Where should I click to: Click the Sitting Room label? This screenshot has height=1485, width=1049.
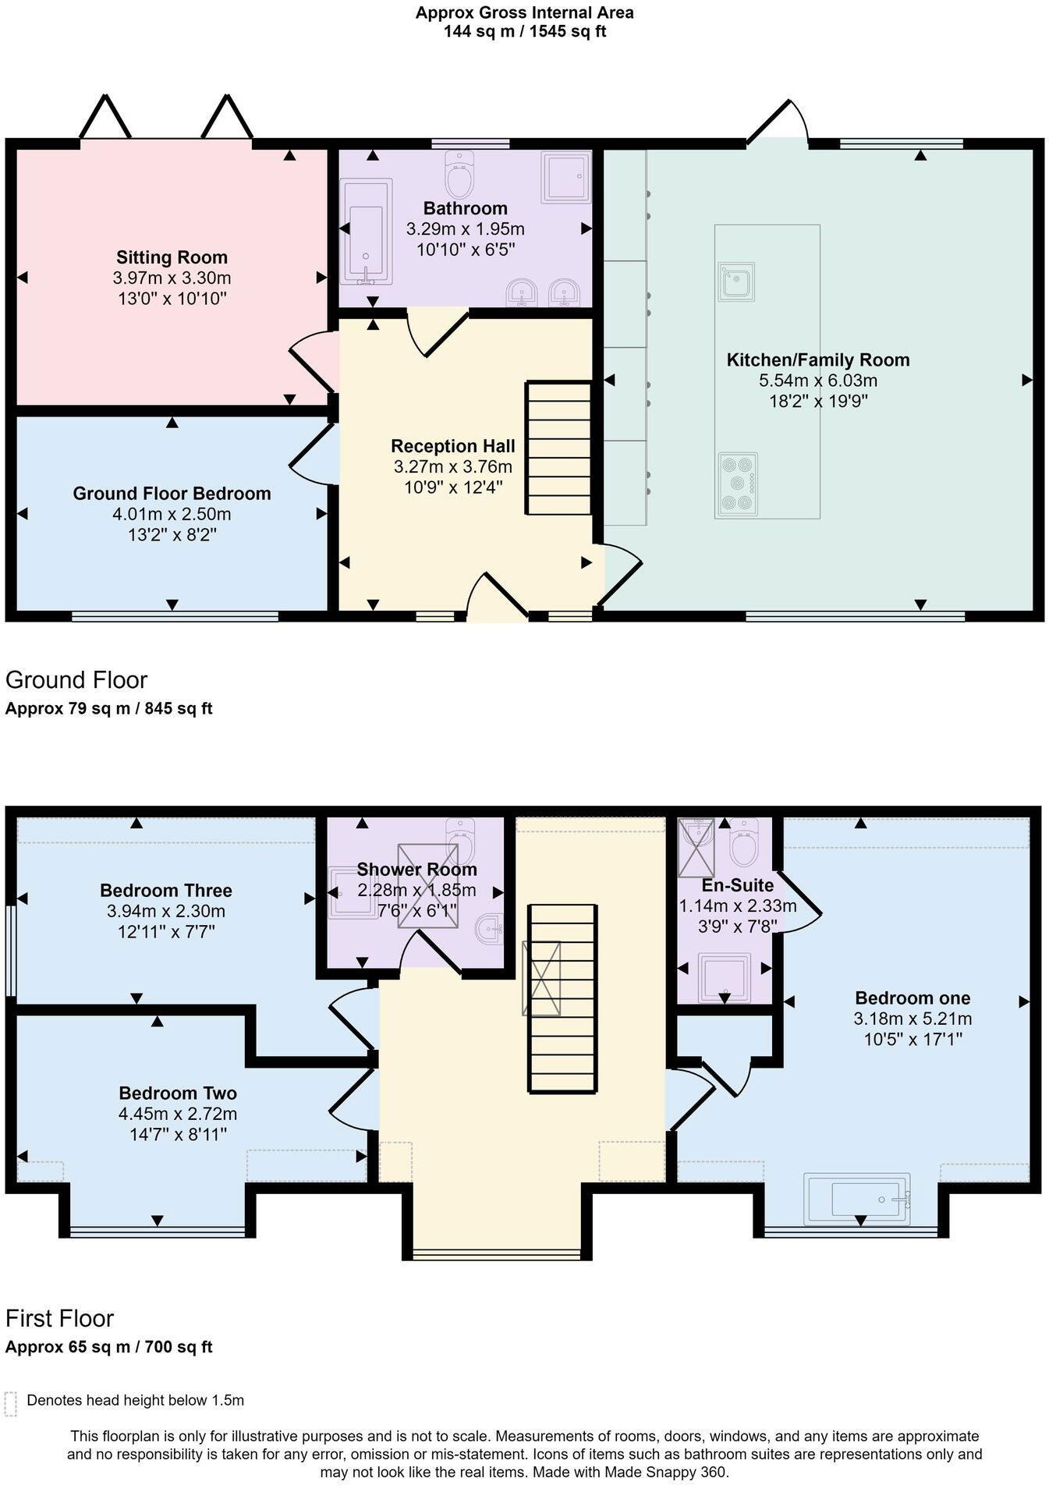172,257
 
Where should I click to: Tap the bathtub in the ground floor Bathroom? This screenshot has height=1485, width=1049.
367,232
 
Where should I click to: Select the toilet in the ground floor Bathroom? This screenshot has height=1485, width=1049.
459,175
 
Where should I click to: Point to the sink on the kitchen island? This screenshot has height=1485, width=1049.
736,282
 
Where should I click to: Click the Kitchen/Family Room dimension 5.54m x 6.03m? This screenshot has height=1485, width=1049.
817,381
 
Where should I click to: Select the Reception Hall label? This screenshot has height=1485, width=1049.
452,446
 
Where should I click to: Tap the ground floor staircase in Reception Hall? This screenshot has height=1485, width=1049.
559,448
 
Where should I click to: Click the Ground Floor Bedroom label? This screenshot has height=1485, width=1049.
172,494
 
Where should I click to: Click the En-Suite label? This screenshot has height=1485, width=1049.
726,885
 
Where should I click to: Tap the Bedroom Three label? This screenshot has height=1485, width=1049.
166,891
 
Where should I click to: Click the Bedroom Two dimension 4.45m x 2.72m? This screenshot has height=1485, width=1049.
178,1114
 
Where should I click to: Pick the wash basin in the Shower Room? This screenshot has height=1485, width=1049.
488,929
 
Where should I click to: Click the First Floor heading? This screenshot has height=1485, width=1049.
59,1318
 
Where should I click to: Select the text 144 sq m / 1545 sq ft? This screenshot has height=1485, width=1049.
524,32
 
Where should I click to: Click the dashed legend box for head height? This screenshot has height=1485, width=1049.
10,1404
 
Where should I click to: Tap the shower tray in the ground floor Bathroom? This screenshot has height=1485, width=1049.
565,177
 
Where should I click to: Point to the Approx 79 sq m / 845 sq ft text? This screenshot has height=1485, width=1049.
108,708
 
